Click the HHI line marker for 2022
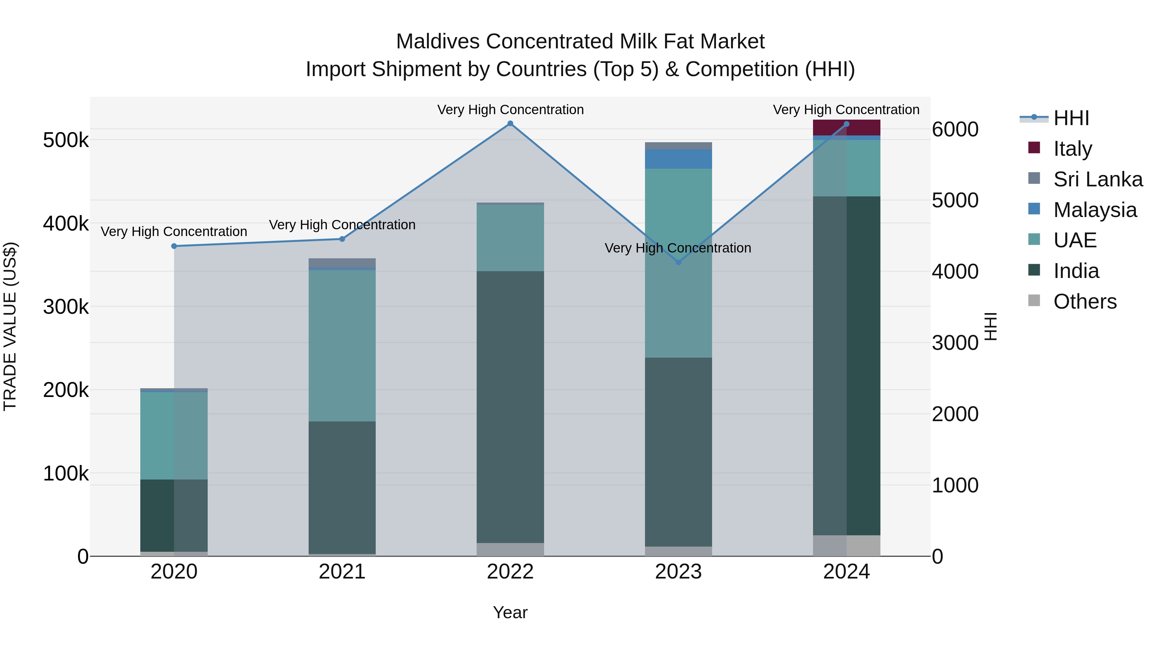click(x=510, y=124)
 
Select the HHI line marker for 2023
click(x=678, y=262)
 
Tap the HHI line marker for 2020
click(x=174, y=246)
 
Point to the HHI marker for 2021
click(x=342, y=239)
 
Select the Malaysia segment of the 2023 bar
click(x=678, y=159)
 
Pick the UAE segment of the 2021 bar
click(x=342, y=346)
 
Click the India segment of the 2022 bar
click(x=510, y=407)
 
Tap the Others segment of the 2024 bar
click(x=847, y=545)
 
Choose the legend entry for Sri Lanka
click(x=1098, y=179)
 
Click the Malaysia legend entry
click(x=1095, y=210)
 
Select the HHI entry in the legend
click(x=1071, y=118)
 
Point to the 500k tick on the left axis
click(x=66, y=140)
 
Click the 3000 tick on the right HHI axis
click(x=955, y=343)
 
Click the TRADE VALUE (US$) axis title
click(x=10, y=326)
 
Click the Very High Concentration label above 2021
click(x=342, y=224)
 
